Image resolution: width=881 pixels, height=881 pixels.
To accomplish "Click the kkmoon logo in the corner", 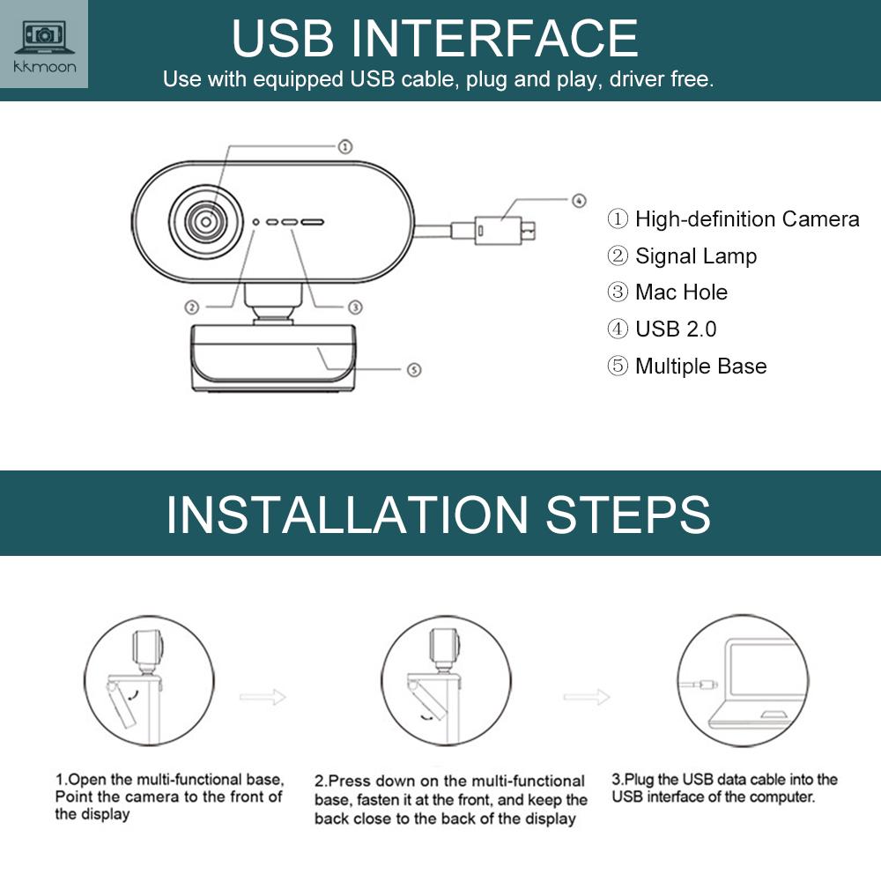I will [x=44, y=44].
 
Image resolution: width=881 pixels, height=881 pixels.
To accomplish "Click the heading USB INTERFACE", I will [x=434, y=38].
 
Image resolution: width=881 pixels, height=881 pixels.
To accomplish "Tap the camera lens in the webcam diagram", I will [x=205, y=222].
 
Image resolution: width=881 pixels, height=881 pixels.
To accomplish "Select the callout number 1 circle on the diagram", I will [x=345, y=146].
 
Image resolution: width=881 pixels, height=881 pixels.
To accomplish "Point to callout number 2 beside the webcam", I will [x=191, y=307].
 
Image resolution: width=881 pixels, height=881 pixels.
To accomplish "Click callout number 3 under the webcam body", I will [x=354, y=307].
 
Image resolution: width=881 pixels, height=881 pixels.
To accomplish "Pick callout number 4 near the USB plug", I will [x=578, y=200].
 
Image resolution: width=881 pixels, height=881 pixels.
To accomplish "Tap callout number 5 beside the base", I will [x=415, y=370].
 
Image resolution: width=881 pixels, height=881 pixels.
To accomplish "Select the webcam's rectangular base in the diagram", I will [x=270, y=356].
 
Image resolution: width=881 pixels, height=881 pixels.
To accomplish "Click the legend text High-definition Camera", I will [x=746, y=219].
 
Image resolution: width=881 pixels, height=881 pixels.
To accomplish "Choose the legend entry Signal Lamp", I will [x=695, y=256].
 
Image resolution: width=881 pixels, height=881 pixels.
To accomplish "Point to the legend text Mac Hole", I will [x=681, y=292].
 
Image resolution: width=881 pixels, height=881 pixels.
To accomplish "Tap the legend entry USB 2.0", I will [x=675, y=329].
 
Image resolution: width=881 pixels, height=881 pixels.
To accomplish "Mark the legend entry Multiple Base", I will [x=700, y=366].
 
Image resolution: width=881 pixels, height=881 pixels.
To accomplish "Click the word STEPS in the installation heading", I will [x=627, y=515].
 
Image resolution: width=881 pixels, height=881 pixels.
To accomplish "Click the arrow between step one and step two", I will [x=263, y=696].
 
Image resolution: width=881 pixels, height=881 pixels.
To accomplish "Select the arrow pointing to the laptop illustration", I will [x=587, y=697].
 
